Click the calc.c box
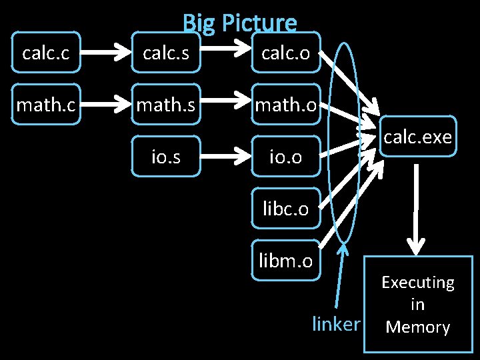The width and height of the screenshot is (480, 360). tap(46, 52)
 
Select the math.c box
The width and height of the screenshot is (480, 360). tap(46, 104)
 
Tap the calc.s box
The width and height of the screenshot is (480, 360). tap(166, 52)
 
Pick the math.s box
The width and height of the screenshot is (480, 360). tap(166, 104)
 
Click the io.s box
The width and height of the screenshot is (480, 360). tap(166, 157)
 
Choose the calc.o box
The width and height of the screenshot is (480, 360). tap(286, 52)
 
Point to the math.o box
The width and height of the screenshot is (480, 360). tap(286, 104)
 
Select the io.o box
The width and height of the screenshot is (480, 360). tap(286, 157)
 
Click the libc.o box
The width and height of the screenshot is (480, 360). tap(286, 209)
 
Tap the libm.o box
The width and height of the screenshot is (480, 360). tap(286, 261)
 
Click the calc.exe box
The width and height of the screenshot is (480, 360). tap(418, 136)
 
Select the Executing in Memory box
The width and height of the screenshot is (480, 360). tap(419, 304)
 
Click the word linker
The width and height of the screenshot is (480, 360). tap(336, 323)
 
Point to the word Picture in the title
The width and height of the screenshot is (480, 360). tap(259, 23)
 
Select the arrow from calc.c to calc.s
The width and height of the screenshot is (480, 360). tap(105, 52)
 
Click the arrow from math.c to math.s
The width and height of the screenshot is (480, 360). tap(105, 104)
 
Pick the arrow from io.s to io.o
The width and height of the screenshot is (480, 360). tap(225, 157)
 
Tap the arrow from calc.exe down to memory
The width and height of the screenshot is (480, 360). tap(416, 210)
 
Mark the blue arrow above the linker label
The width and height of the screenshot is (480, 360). tap(340, 275)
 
